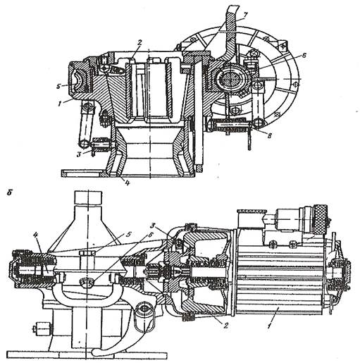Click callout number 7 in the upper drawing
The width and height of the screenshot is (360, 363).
click(244, 16)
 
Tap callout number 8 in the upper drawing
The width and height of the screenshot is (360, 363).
click(270, 135)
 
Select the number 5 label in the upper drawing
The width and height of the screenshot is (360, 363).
click(58, 86)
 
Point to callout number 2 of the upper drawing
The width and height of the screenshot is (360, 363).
click(139, 43)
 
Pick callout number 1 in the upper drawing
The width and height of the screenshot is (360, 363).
click(61, 104)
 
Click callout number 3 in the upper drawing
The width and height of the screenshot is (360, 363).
click(80, 154)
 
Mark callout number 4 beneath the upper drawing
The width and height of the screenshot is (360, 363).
click(127, 183)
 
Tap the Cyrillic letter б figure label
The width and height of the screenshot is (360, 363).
click(9, 192)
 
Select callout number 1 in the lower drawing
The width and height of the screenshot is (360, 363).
click(269, 326)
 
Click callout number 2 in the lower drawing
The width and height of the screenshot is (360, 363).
click(226, 326)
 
